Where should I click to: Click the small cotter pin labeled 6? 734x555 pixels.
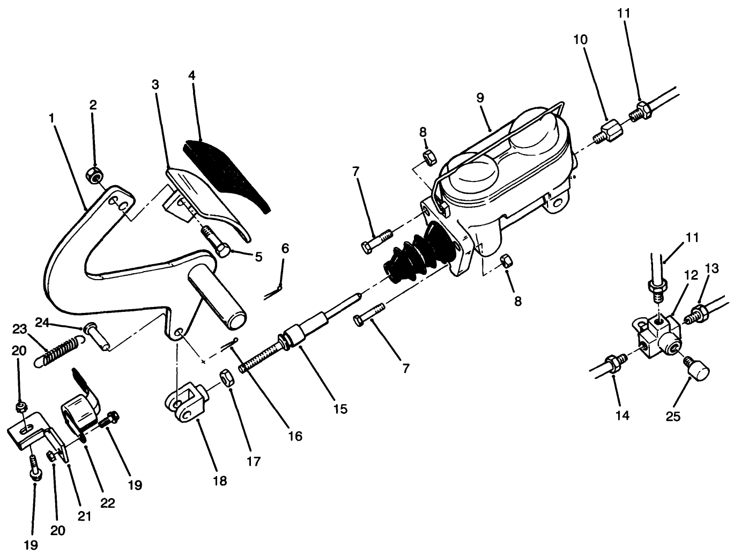click(275, 288)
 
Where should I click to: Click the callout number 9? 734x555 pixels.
click(480, 98)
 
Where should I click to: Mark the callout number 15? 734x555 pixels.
click(339, 409)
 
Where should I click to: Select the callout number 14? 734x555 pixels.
click(622, 415)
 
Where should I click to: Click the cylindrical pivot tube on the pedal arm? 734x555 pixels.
click(218, 296)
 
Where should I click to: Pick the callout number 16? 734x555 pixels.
click(294, 436)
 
